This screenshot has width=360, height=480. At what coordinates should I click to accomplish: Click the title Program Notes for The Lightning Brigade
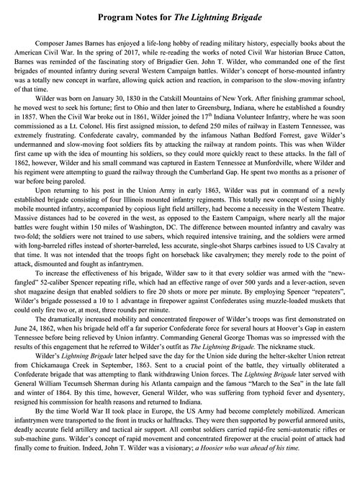pyautogui.click(x=180, y=15)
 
